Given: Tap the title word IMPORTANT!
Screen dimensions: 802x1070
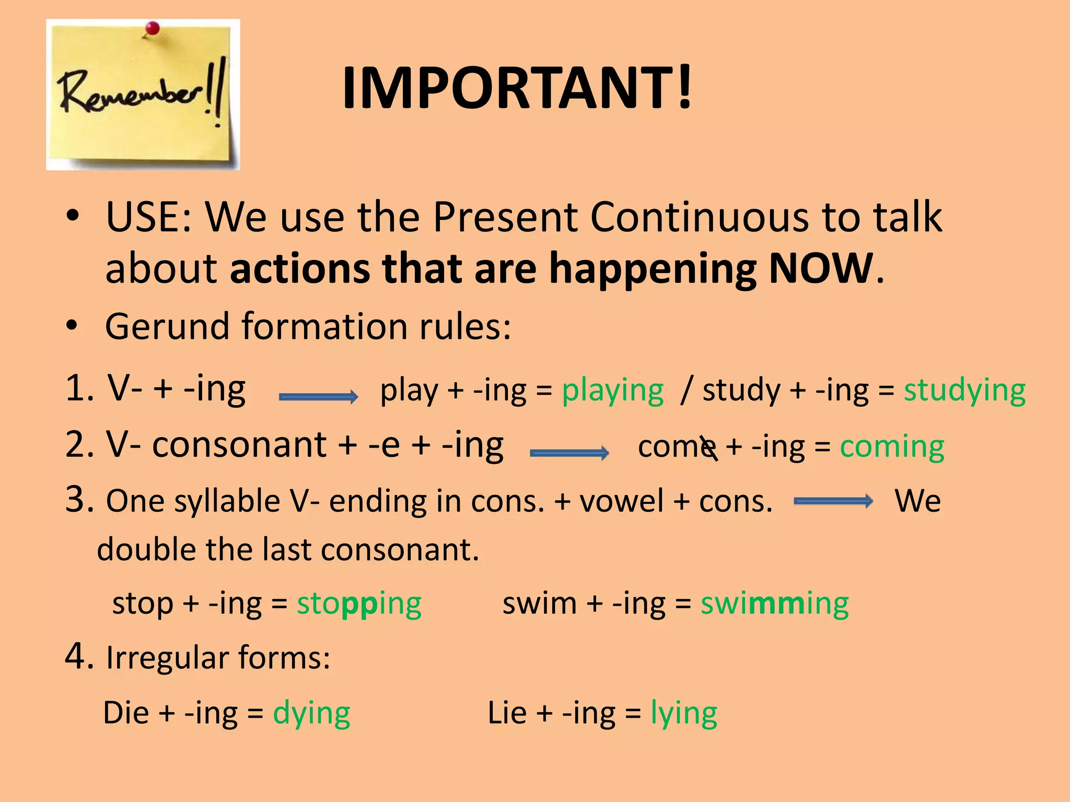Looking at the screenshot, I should click(x=516, y=88).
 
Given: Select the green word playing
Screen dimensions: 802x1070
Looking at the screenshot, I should click(x=612, y=391).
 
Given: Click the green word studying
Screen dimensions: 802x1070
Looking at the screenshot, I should click(x=964, y=391).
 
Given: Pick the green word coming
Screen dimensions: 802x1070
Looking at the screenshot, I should click(x=892, y=447).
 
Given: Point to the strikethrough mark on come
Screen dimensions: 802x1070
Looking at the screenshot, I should click(x=709, y=448).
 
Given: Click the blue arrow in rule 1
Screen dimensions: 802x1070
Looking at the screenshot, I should click(x=319, y=396).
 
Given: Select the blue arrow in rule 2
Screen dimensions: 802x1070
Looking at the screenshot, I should click(x=569, y=452).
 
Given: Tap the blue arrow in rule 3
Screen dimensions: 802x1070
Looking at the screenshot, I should click(x=833, y=501).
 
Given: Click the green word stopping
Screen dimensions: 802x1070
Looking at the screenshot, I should click(x=359, y=604).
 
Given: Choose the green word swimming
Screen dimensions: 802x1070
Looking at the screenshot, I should click(x=774, y=604).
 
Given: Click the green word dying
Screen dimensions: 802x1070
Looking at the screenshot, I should click(x=311, y=714).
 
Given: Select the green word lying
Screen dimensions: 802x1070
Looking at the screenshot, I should click(x=683, y=714).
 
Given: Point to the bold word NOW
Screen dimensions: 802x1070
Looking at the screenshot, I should click(x=821, y=268).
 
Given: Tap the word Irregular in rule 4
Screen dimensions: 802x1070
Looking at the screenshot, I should click(x=167, y=657).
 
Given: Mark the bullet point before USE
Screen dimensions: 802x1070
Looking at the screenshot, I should click(x=73, y=216).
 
